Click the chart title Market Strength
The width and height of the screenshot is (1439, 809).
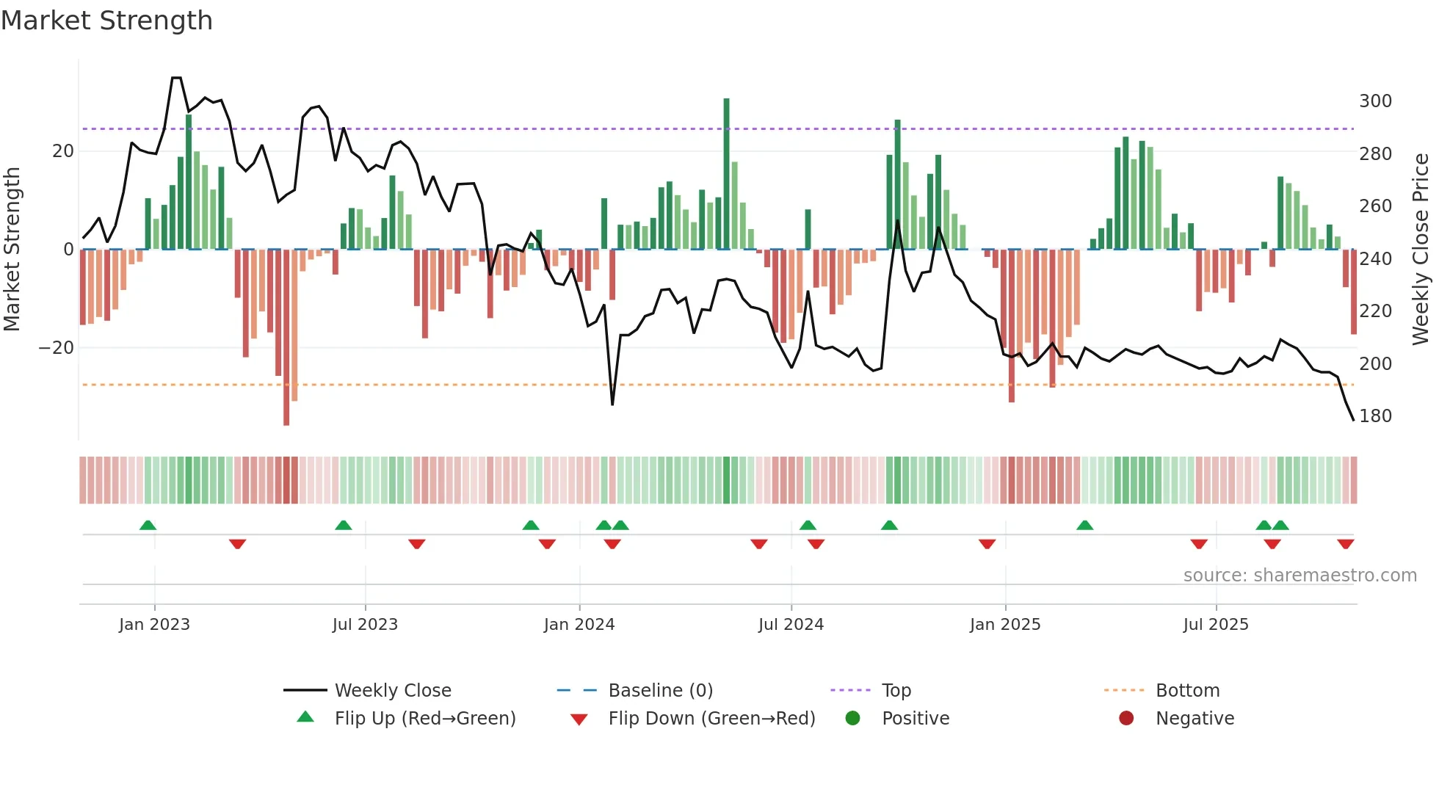click(x=106, y=21)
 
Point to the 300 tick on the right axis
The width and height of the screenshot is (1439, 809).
click(x=1375, y=101)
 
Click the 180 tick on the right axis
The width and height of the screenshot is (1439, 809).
click(x=1375, y=416)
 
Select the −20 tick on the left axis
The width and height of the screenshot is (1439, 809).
click(x=57, y=348)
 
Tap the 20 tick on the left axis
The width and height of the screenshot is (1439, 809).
click(x=63, y=151)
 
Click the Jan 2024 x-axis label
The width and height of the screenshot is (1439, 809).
click(x=579, y=625)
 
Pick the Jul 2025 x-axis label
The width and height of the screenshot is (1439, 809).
click(x=1215, y=625)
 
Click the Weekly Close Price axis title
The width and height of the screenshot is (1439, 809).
click(x=1421, y=250)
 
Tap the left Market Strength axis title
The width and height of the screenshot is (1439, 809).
click(x=12, y=250)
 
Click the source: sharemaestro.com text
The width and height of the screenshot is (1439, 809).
click(x=1300, y=576)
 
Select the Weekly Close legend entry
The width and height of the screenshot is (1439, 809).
click(x=392, y=691)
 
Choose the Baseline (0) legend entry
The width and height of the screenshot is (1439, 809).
click(x=660, y=691)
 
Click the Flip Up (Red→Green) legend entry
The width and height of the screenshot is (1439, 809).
click(x=424, y=719)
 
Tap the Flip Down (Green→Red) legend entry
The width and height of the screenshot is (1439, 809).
click(x=711, y=719)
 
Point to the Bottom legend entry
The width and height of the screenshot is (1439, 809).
click(x=1186, y=691)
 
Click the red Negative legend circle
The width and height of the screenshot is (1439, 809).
click(x=1126, y=719)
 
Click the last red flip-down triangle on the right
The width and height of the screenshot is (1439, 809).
click(x=1345, y=544)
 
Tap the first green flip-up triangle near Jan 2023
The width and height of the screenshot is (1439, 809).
click(x=148, y=525)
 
